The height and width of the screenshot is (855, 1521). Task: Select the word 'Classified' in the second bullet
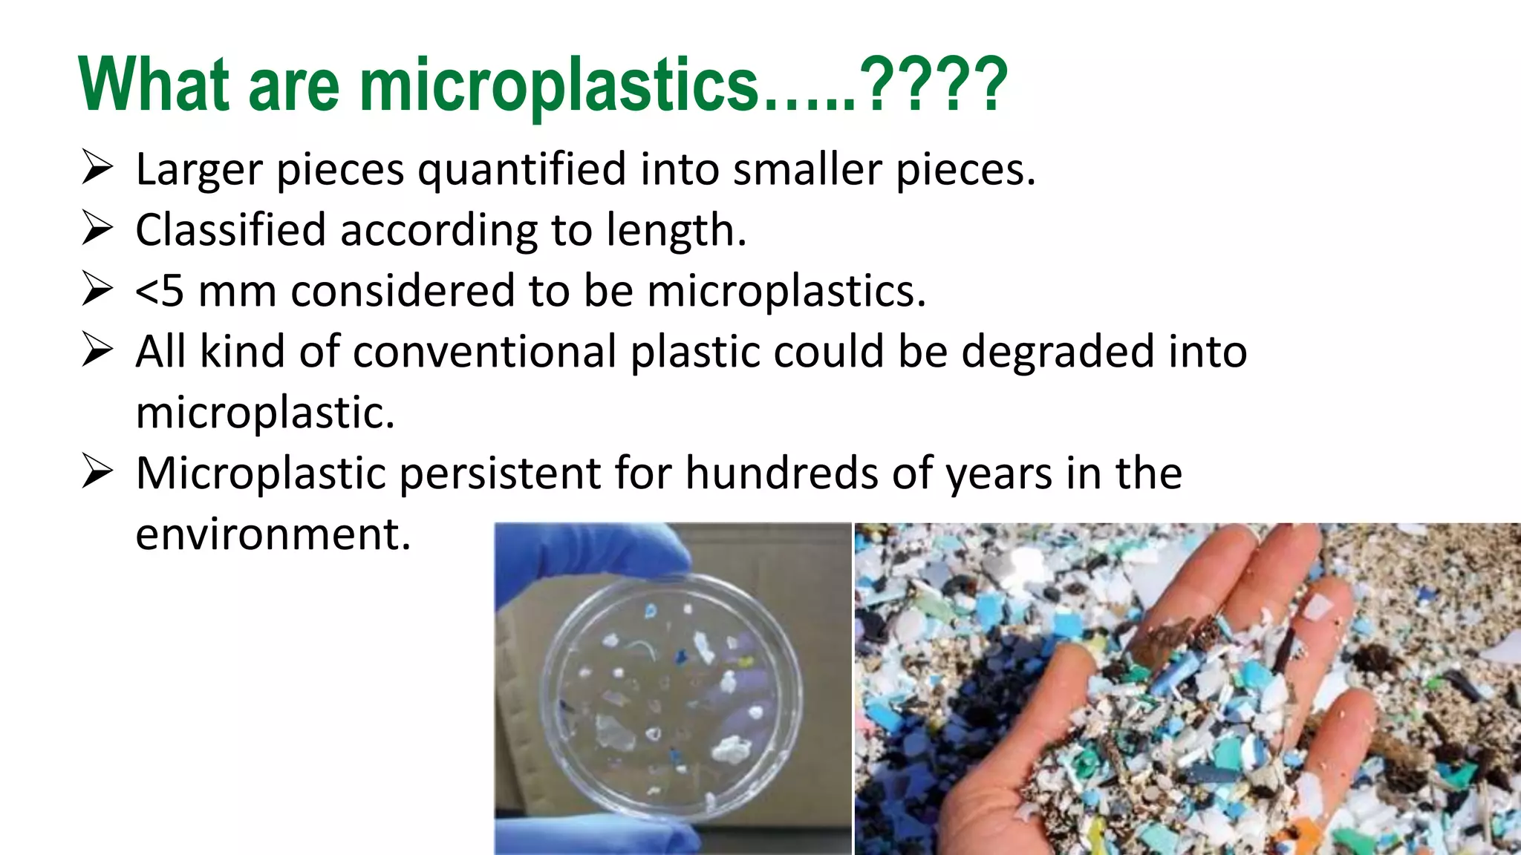(230, 230)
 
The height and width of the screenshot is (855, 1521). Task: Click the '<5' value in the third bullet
(159, 291)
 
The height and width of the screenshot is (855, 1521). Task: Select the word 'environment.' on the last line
(273, 534)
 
